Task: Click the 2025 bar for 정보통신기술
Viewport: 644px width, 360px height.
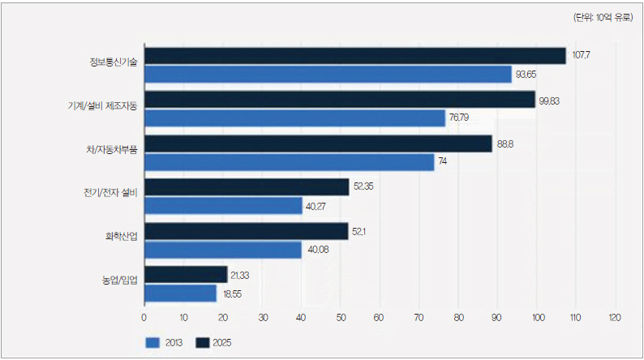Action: coord(354,55)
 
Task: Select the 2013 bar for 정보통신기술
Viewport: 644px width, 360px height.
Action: coord(328,74)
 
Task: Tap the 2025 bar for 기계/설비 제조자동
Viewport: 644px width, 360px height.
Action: coord(339,100)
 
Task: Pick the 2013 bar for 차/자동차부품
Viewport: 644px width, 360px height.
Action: coord(289,161)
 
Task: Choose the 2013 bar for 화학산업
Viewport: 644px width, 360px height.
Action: coord(222,249)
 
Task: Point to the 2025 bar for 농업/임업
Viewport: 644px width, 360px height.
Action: coord(185,275)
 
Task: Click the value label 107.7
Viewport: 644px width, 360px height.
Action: coord(581,55)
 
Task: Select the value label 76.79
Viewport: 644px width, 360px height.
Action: coord(460,118)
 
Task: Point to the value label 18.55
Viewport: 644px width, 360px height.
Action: coord(231,294)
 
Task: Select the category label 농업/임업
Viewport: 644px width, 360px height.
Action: coord(120,281)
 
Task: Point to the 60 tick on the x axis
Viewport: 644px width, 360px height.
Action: coord(379,316)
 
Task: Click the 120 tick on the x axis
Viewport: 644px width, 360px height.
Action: coord(614,316)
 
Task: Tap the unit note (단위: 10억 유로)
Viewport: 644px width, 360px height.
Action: coord(603,17)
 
